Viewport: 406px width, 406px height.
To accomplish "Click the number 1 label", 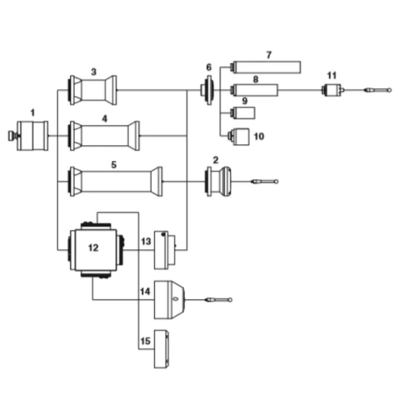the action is coord(32,113).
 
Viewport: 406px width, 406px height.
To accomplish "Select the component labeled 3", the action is coord(93,90).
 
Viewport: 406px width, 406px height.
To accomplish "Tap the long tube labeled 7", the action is coord(266,67).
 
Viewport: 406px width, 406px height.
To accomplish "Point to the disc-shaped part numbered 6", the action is coord(208,90).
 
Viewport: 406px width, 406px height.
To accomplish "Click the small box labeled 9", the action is coord(243,113).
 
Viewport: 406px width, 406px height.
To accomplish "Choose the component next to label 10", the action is coord(239,136).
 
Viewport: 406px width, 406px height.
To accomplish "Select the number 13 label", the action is coord(146,242).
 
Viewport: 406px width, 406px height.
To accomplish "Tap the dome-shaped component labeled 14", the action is coord(170,300).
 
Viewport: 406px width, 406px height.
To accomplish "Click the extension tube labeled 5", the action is coord(115,181).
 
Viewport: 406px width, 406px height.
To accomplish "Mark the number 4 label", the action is coord(104,119).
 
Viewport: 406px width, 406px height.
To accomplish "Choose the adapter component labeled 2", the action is coord(218,181).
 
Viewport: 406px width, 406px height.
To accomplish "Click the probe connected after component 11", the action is coord(378,90).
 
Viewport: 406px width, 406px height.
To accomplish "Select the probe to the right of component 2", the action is coord(265,181).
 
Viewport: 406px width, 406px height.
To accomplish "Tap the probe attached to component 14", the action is coord(218,300).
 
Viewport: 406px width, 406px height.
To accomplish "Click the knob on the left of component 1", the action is coord(12,136).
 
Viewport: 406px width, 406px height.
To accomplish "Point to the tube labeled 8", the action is coord(254,90).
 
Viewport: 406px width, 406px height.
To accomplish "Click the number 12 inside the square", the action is coord(93,248).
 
